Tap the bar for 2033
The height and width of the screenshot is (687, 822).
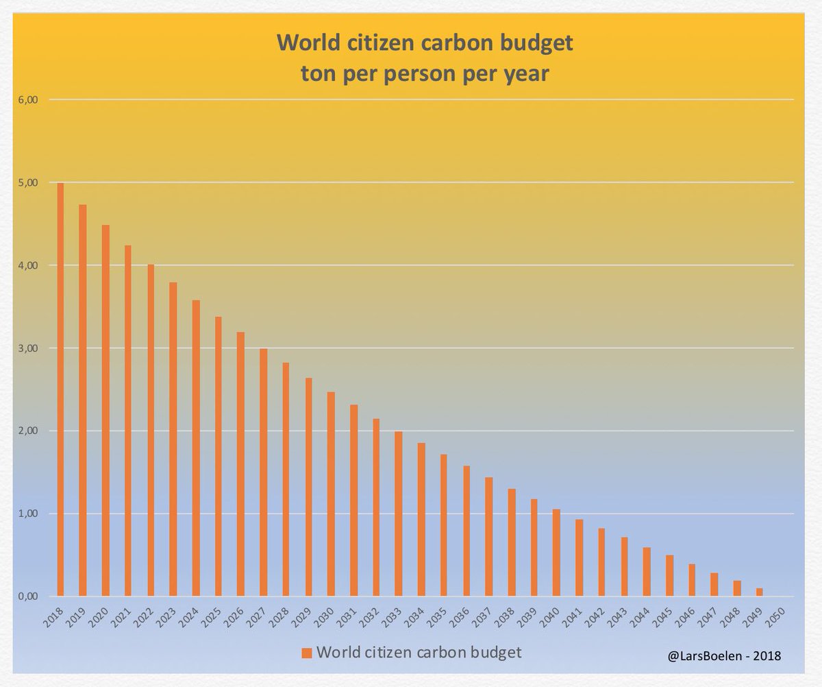398,514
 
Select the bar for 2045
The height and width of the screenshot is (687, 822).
669,575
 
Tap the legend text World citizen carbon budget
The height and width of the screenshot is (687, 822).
419,649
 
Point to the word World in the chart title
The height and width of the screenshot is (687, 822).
306,45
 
